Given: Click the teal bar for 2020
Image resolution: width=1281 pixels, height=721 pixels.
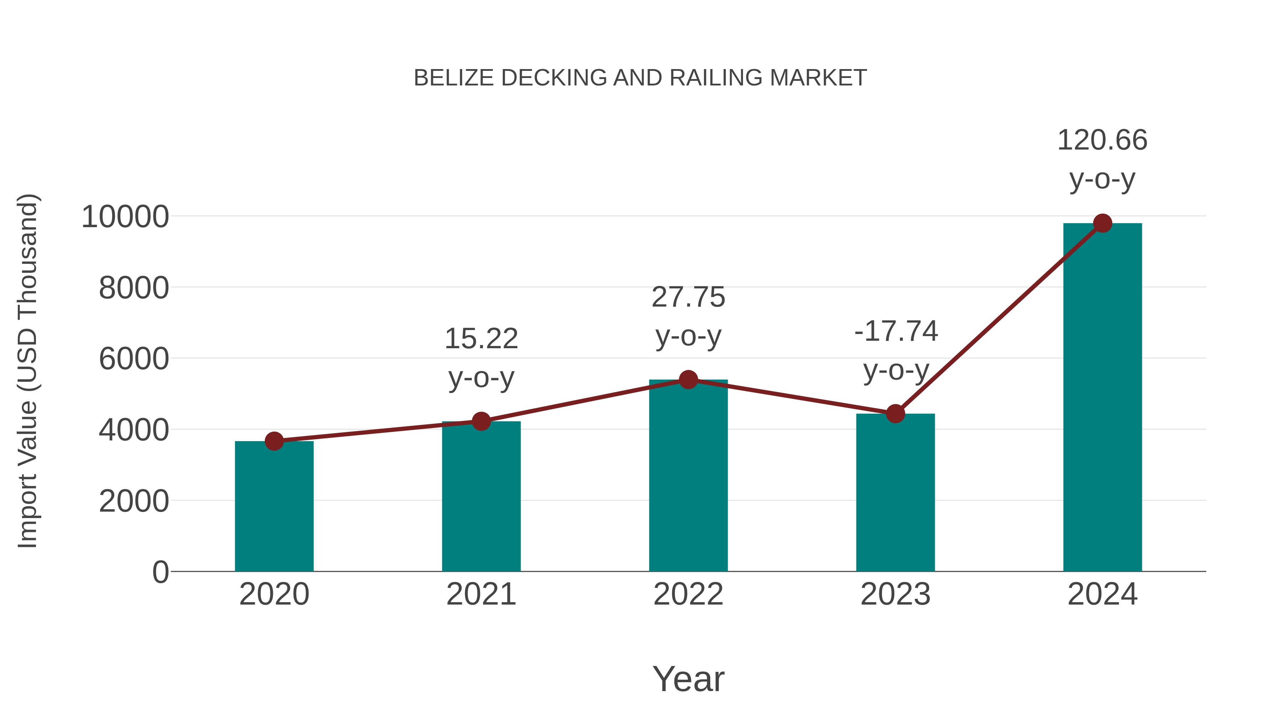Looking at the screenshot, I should (x=274, y=507).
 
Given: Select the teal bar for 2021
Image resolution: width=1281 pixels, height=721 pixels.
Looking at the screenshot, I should (x=481, y=498).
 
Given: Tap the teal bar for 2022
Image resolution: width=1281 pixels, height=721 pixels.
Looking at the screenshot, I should (x=688, y=478).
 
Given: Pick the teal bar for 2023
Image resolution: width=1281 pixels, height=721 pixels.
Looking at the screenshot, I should (x=895, y=493).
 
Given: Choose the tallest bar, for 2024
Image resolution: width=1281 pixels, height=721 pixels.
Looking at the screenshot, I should (x=1102, y=398).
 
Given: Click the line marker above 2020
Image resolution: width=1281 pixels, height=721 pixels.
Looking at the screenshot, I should (x=274, y=441).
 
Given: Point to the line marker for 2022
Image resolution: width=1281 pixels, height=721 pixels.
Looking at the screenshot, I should (x=688, y=380).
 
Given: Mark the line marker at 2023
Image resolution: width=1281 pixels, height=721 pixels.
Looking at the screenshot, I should (x=895, y=413).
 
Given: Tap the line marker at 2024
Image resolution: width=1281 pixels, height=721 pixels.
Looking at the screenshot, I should (x=1102, y=223).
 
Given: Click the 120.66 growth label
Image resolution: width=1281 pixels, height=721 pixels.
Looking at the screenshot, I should (x=1102, y=140).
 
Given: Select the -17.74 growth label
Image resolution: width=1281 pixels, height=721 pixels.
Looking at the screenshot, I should (x=896, y=331).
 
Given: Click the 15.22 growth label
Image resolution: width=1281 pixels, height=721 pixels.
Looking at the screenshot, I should (x=481, y=339).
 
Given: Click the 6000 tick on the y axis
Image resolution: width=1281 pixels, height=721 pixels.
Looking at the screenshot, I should (x=134, y=359).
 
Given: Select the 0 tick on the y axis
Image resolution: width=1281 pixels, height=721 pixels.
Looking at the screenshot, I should (x=160, y=572).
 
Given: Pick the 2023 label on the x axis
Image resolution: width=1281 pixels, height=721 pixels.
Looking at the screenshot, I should (x=895, y=594).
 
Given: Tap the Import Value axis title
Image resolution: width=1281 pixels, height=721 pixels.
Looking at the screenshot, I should (x=28, y=371).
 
